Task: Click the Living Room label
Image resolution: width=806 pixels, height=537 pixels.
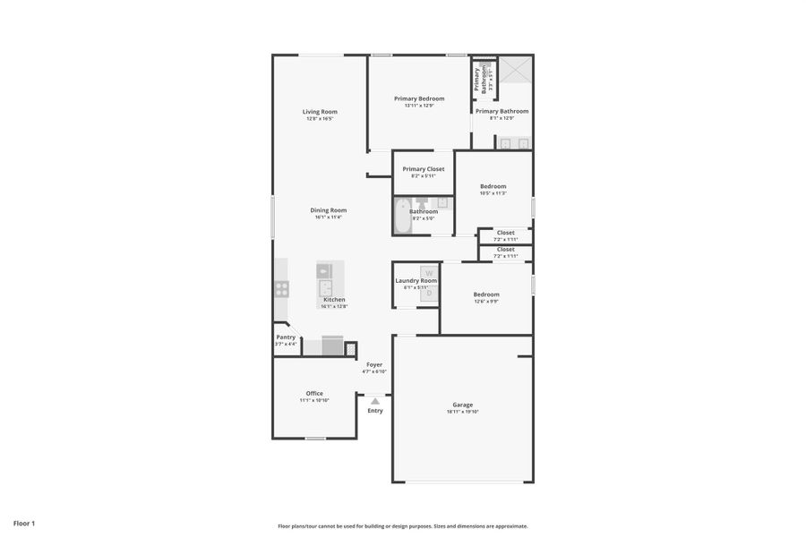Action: click(320, 112)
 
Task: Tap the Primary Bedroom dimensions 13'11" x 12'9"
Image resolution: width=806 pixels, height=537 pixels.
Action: click(419, 106)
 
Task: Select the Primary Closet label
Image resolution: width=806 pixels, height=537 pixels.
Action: click(423, 169)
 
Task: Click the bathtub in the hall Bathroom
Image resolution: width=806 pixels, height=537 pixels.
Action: click(402, 216)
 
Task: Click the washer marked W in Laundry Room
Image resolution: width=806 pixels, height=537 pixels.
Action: click(429, 272)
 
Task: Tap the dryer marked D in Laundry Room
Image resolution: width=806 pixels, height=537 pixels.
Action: click(429, 293)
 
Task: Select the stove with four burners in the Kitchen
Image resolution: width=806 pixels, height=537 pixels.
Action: click(282, 289)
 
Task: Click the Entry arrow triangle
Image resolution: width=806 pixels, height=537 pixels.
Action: click(375, 401)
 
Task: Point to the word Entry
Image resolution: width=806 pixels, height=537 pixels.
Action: click(375, 411)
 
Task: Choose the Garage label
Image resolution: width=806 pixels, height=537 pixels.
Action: click(463, 405)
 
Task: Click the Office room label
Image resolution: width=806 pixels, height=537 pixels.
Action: click(314, 393)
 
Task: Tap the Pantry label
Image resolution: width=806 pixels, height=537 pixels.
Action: click(286, 337)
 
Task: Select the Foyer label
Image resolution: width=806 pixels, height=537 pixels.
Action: click(374, 364)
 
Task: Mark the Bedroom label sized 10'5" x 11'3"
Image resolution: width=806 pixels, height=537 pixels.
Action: click(493, 186)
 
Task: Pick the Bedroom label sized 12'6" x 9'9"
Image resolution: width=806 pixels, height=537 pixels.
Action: click(486, 294)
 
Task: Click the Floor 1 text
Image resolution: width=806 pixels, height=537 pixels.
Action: click(24, 523)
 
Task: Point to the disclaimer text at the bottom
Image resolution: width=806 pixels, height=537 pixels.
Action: click(402, 526)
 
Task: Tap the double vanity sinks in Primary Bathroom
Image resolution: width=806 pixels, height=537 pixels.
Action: click(514, 142)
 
